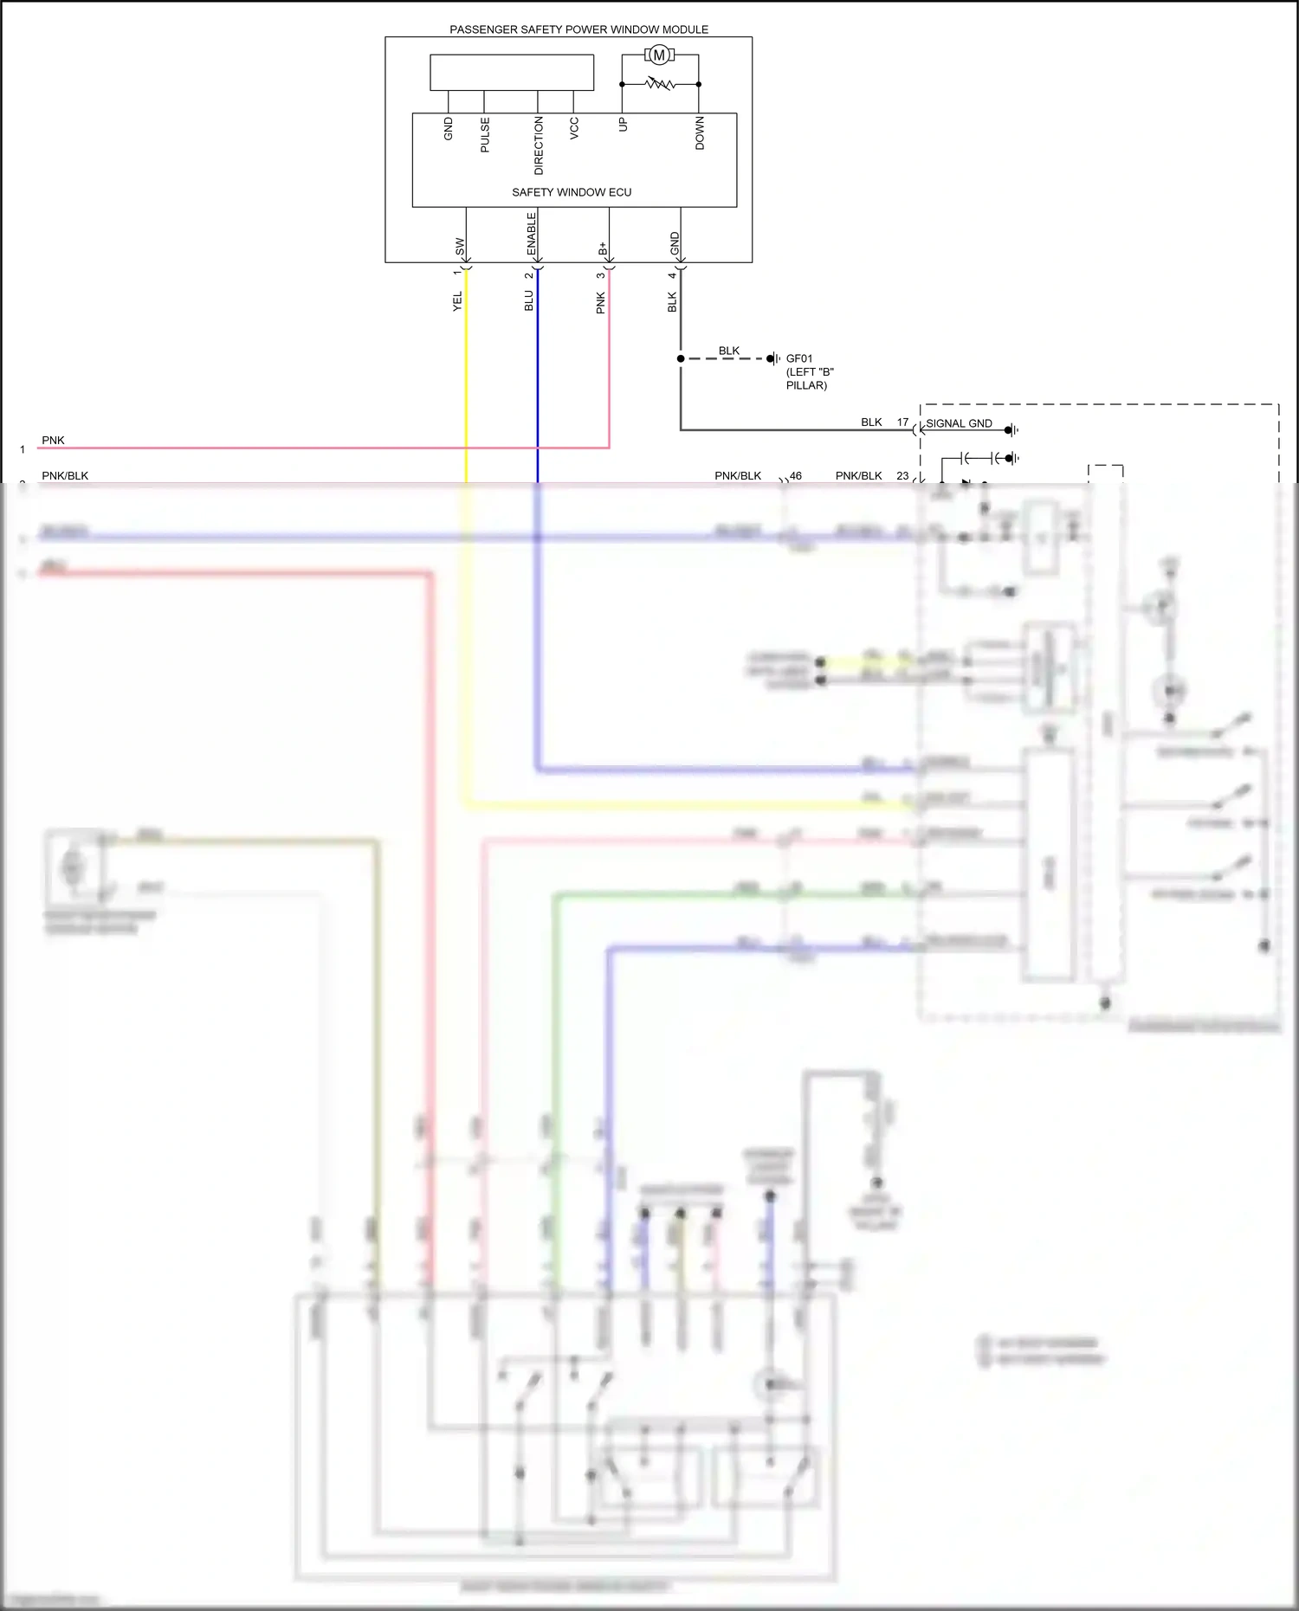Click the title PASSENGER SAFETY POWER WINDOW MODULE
578,29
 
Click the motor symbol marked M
659,55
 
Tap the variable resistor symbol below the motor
661,84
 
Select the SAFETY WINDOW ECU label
572,192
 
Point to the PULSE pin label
485,135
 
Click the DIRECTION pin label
539,145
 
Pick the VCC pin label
574,128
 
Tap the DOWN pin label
700,133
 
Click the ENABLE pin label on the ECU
532,234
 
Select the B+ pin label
603,248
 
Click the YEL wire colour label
457,301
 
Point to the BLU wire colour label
529,300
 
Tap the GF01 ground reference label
799,358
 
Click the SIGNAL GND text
959,423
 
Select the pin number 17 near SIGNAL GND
902,422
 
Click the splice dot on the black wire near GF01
681,358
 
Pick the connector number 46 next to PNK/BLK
796,476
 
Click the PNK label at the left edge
53,441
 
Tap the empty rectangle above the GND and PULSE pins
512,73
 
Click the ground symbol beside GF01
773,358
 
